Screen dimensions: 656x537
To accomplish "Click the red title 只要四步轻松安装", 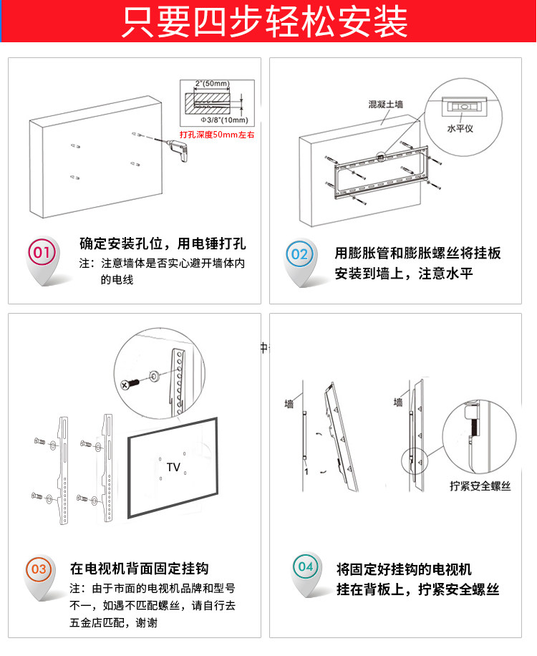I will (264, 21).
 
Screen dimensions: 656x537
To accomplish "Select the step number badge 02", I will (299, 254).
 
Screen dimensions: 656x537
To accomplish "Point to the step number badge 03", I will (39, 570).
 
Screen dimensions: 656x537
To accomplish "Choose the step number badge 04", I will (306, 566).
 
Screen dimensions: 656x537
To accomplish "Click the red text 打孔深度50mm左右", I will (216, 134).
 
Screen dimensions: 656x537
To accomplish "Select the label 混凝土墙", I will (385, 104).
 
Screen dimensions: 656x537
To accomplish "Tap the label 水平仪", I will (459, 130).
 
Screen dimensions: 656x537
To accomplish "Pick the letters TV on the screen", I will (173, 467).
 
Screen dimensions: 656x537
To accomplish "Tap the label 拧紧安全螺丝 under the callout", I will (480, 486).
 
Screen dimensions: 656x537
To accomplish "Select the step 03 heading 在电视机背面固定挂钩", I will (139, 569).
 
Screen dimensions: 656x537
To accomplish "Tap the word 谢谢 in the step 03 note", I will (145, 622).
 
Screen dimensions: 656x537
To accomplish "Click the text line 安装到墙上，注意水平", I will (404, 274).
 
